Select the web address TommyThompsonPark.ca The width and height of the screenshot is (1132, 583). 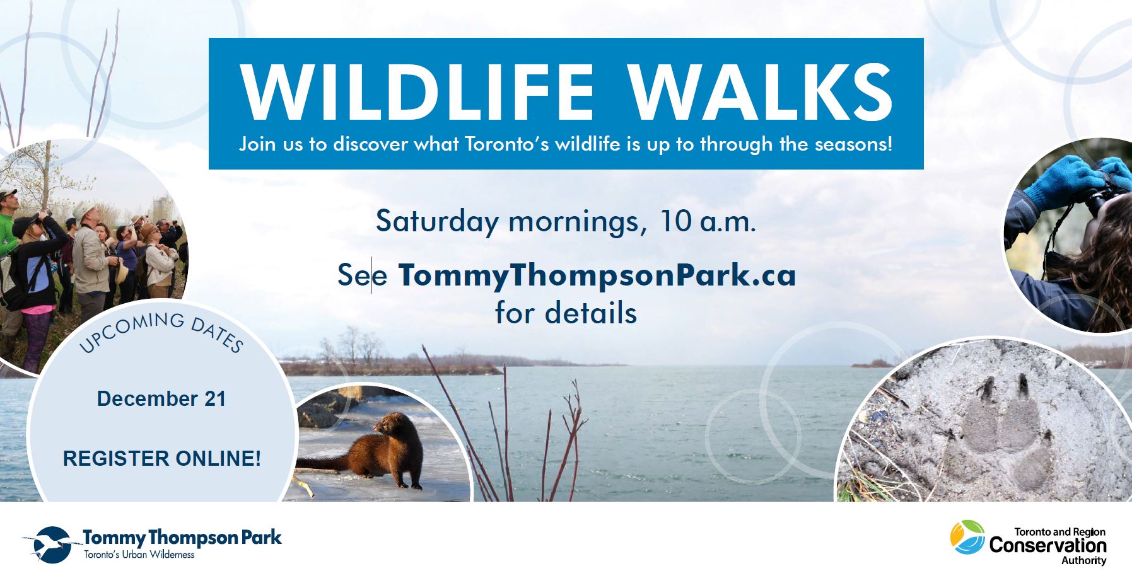click(597, 276)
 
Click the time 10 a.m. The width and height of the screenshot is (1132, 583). click(707, 222)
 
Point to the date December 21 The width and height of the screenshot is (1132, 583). click(161, 399)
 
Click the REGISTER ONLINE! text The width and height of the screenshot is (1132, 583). click(161, 458)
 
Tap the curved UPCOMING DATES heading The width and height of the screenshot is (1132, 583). click(161, 332)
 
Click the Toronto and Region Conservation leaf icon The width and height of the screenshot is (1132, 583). click(967, 537)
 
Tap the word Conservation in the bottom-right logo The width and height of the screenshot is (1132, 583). click(1047, 545)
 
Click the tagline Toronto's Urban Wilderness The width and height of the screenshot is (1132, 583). click(139, 555)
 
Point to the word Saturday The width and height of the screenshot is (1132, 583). click(437, 222)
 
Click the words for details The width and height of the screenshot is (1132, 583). click(566, 313)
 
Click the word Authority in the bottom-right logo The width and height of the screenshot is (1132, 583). click(1083, 561)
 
